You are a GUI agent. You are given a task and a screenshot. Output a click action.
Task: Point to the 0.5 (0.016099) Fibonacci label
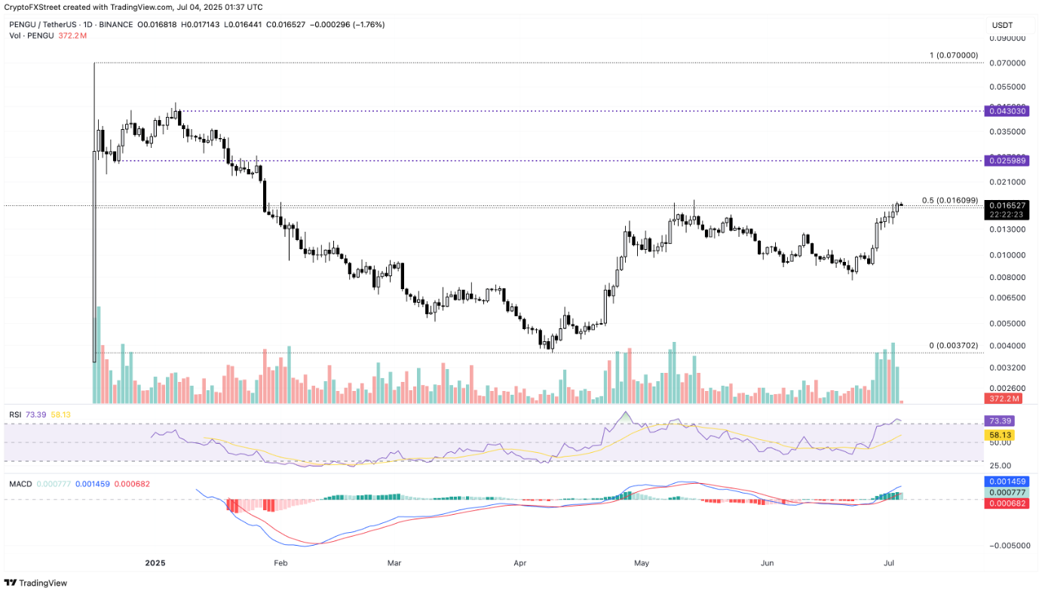click(x=949, y=201)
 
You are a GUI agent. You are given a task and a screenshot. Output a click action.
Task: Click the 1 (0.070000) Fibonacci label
click(x=954, y=55)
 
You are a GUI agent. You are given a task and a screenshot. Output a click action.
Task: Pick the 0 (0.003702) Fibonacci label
click(x=953, y=345)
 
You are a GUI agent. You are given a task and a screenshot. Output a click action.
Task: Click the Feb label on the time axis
click(x=280, y=563)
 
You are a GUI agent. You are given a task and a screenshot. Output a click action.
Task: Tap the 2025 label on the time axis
click(x=155, y=563)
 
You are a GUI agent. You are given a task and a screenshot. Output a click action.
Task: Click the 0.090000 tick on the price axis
click(x=1009, y=37)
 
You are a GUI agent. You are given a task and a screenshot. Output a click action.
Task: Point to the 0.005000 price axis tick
click(x=1009, y=323)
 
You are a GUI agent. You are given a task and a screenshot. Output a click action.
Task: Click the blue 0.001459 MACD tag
click(x=1006, y=481)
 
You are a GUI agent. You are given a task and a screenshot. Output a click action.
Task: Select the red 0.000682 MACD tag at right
click(x=1006, y=503)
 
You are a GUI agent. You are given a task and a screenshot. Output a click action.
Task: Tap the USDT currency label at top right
click(x=1002, y=25)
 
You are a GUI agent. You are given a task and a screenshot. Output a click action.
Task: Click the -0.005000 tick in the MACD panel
click(x=1007, y=545)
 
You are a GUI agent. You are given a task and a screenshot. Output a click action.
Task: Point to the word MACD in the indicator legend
click(x=20, y=484)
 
